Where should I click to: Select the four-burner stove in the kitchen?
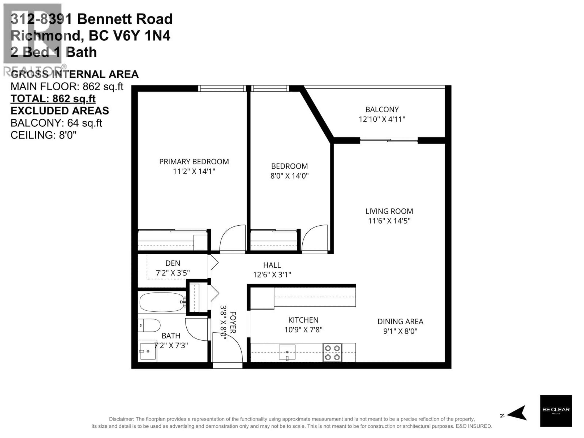pyautogui.click(x=332, y=353)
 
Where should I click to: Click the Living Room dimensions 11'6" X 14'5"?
pyautogui.click(x=389, y=221)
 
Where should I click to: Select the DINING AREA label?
pyautogui.click(x=400, y=321)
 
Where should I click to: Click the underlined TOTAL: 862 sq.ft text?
pyautogui.click(x=53, y=99)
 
